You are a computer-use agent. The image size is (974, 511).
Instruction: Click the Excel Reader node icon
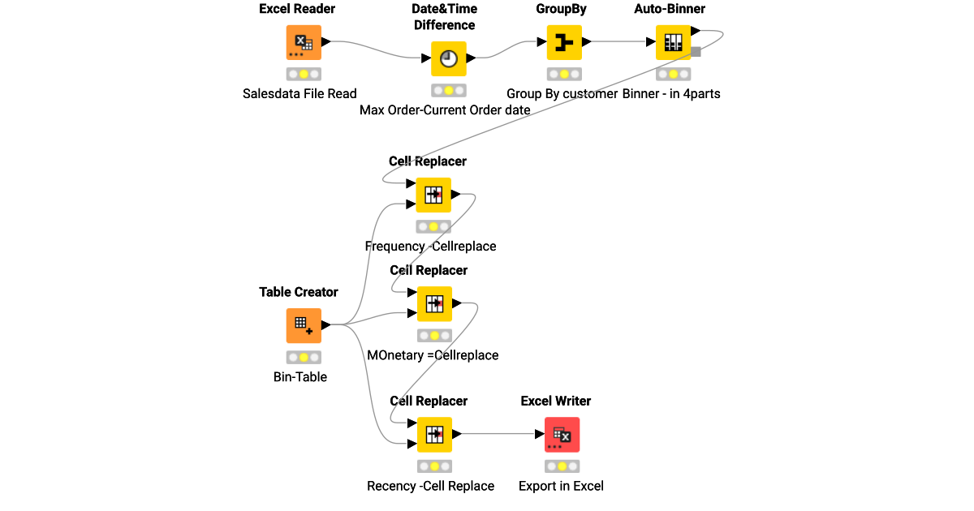tap(304, 43)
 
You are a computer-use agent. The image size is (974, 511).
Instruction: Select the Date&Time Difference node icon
tap(448, 58)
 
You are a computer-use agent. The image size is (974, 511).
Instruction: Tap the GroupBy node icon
tap(563, 43)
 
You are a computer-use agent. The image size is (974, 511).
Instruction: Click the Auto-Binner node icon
tap(673, 43)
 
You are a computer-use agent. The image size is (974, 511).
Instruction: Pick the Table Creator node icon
tap(304, 325)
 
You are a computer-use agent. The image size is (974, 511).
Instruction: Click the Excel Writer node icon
tap(562, 435)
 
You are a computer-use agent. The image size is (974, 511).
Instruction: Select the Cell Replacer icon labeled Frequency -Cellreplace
tap(433, 195)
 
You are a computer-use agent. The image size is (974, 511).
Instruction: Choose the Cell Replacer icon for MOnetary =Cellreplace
tap(434, 303)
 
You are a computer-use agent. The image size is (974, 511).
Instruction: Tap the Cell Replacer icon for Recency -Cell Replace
tap(434, 435)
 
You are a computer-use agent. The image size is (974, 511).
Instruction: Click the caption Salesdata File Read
tap(300, 93)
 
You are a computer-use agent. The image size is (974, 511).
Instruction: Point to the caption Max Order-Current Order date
tap(445, 109)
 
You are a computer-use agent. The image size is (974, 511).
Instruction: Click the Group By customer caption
tap(562, 93)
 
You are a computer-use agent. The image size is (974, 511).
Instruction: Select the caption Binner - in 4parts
tap(671, 93)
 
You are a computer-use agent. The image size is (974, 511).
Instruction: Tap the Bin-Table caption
tap(300, 376)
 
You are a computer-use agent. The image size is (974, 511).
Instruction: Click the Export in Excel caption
tap(561, 486)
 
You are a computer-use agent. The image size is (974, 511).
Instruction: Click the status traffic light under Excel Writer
tap(562, 466)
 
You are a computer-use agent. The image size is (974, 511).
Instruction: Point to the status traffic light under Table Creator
tap(304, 357)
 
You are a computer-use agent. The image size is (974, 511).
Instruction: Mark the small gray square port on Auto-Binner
tap(696, 52)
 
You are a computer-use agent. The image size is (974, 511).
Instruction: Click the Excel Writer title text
tap(556, 401)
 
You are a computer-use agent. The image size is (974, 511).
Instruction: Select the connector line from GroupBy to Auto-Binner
tap(621, 42)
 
